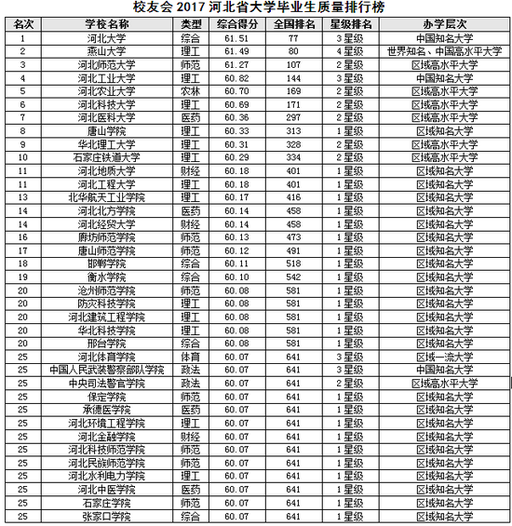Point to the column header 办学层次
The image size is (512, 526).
[445, 22]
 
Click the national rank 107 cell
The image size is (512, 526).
[292, 65]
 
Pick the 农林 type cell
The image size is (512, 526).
[190, 91]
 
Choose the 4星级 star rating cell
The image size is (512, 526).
[351, 52]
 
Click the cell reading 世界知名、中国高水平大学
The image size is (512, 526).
[445, 52]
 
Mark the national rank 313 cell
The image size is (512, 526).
[292, 131]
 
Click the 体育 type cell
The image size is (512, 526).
[190, 357]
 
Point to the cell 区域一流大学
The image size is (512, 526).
[445, 357]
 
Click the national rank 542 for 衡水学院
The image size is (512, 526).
[292, 277]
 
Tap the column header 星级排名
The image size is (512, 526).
[352, 22]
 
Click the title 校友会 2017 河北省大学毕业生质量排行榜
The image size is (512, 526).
[257, 7]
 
